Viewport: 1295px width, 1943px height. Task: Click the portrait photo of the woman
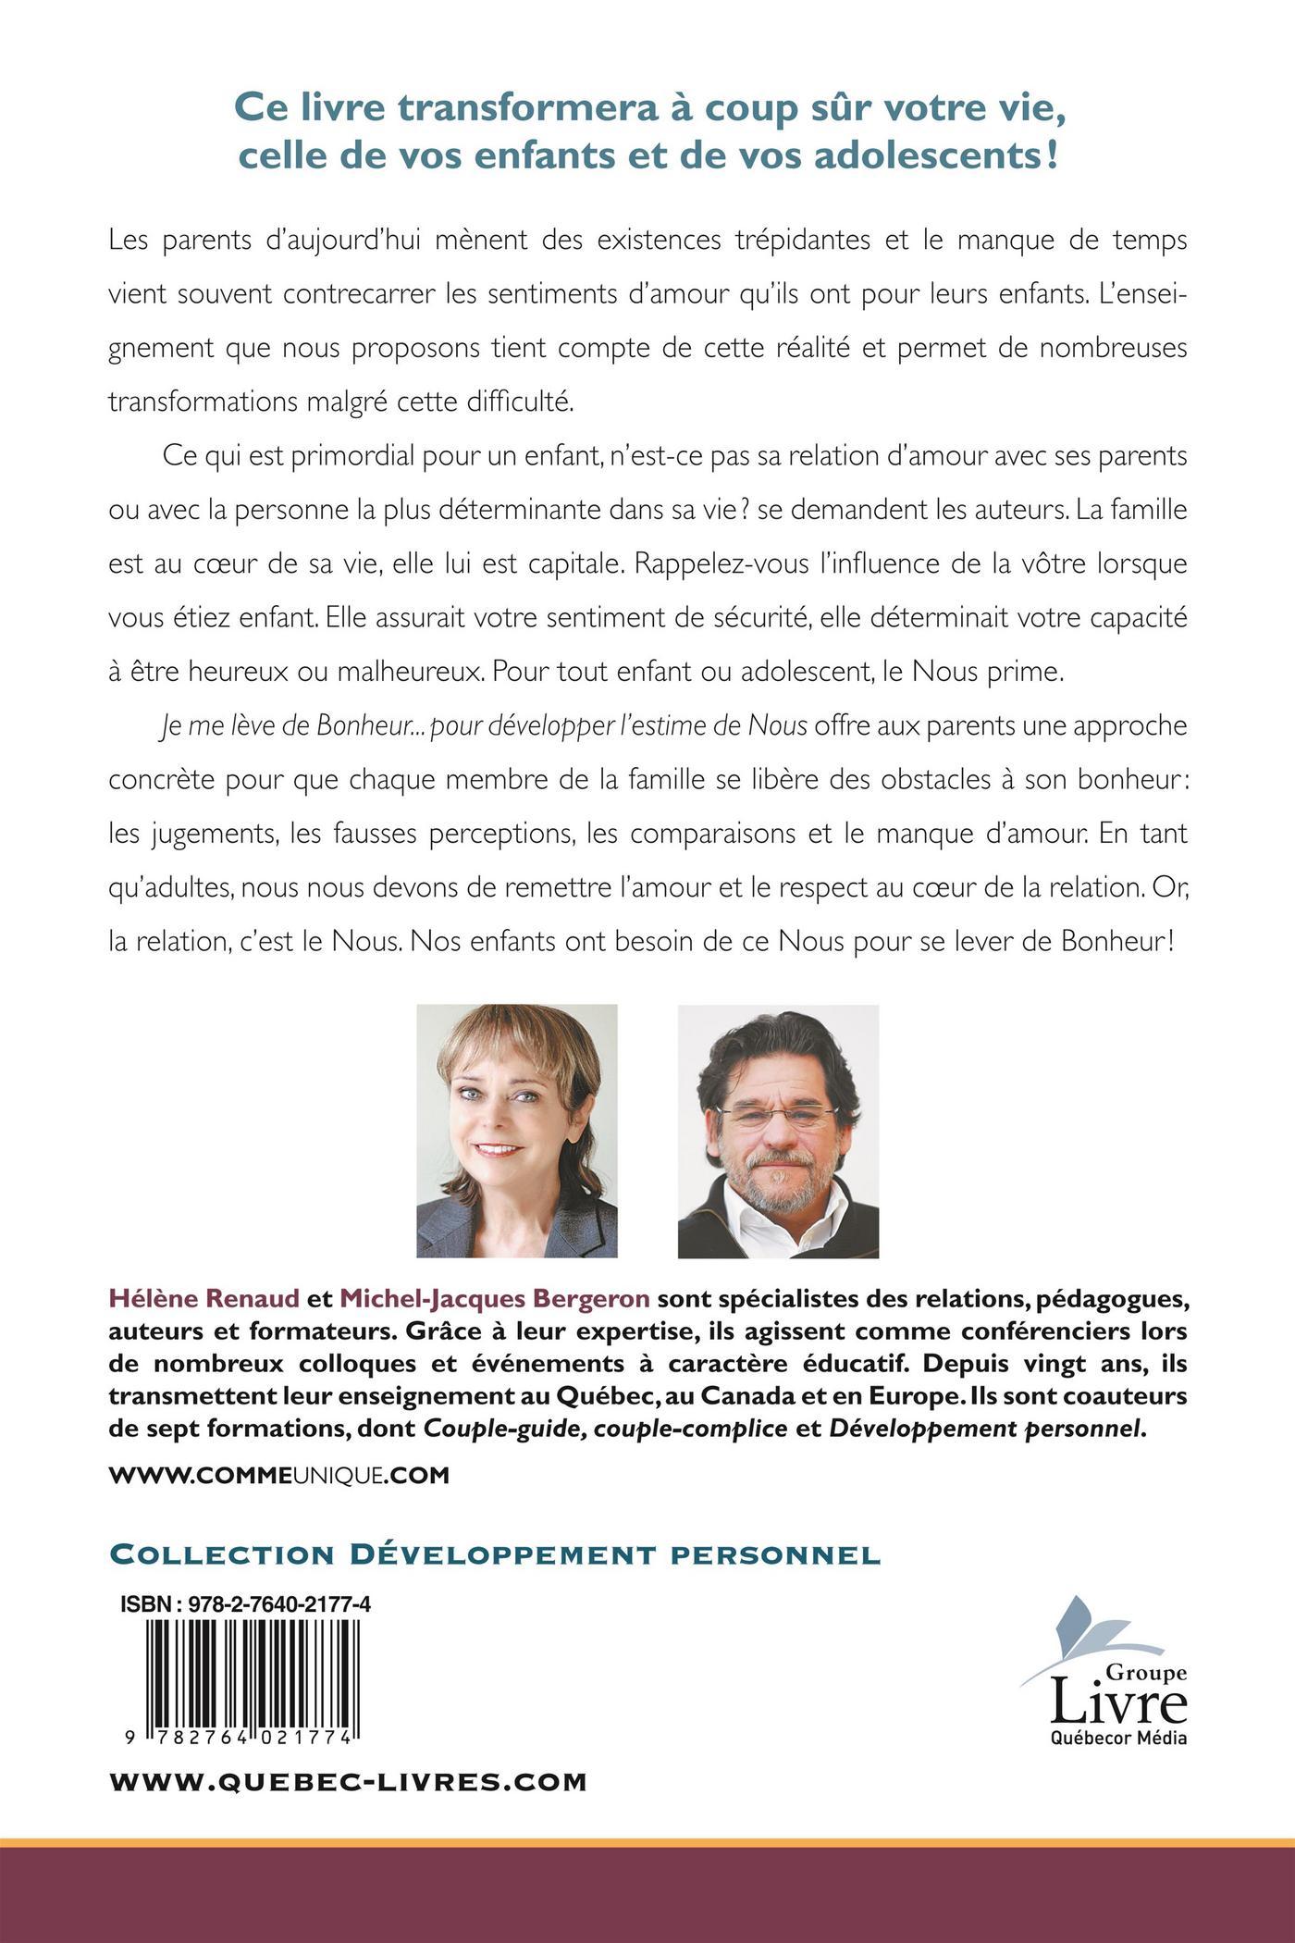[517, 1131]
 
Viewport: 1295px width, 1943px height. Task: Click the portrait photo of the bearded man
[778, 1131]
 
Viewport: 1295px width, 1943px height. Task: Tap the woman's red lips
[499, 1151]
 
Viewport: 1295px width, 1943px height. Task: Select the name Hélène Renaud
[203, 1299]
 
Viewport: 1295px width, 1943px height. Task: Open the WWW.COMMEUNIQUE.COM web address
[279, 1475]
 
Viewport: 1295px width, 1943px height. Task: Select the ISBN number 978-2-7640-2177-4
[279, 1605]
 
